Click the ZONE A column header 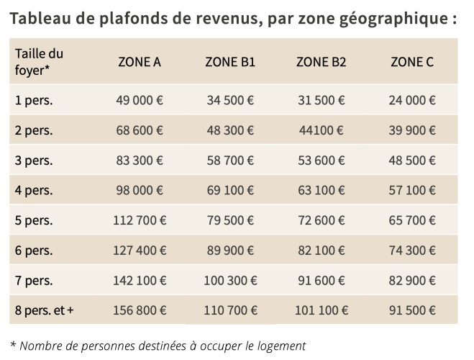[140, 62]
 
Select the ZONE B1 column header [230, 62]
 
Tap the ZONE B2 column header [321, 62]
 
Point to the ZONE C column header [412, 62]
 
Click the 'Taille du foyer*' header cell [39, 62]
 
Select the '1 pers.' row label [34, 100]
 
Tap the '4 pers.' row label [34, 190]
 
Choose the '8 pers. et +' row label [44, 310]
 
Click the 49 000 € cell [140, 100]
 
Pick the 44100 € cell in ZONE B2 [321, 130]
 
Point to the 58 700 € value [230, 161]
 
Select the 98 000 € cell [140, 190]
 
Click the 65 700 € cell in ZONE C [412, 220]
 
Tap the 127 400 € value [140, 251]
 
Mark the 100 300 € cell [230, 280]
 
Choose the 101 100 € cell [321, 310]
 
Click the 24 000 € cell [412, 100]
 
